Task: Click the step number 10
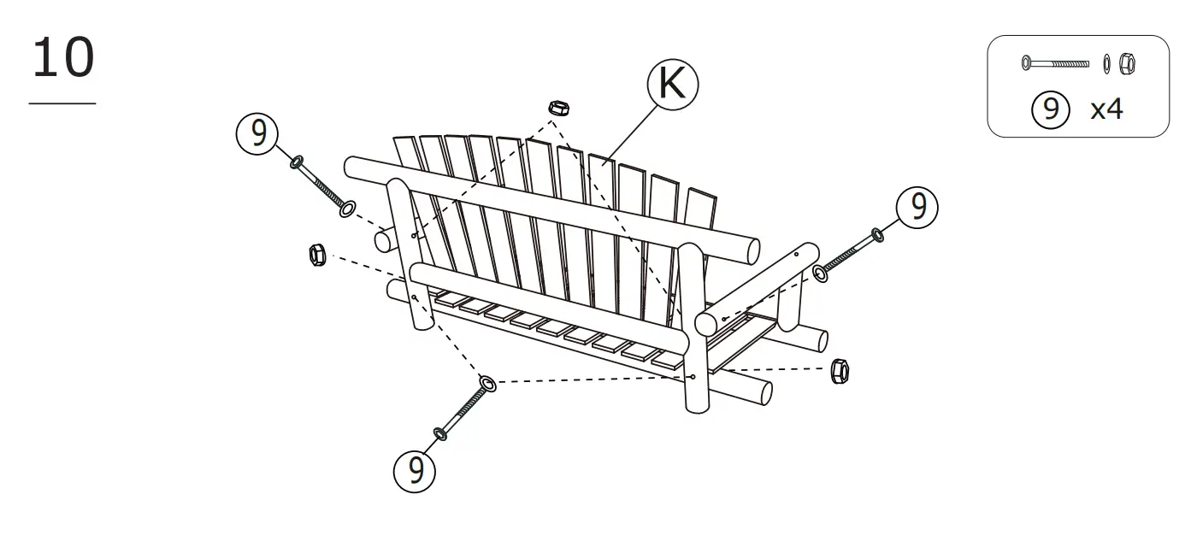[x=62, y=60]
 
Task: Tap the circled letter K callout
[x=672, y=85]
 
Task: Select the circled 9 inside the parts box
[x=1051, y=109]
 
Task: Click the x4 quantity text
[x=1106, y=109]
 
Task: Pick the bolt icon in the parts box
[x=1055, y=63]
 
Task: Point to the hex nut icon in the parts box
[x=1127, y=63]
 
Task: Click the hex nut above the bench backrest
[x=558, y=108]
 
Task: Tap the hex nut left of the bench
[x=315, y=254]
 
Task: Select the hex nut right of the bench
[x=839, y=370]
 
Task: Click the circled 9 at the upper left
[x=258, y=134]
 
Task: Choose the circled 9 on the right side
[x=917, y=207]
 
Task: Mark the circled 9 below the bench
[x=416, y=470]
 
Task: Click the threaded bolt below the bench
[x=462, y=411]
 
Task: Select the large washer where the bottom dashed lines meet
[x=487, y=384]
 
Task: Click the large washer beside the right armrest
[x=820, y=274]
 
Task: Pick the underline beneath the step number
[x=62, y=103]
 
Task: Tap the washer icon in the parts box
[x=1108, y=63]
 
